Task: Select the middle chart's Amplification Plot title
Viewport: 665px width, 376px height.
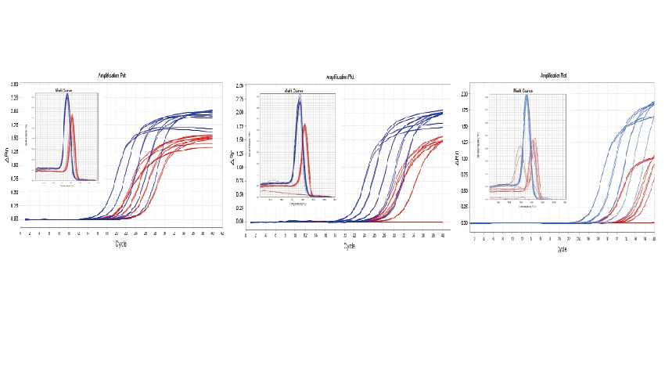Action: coord(345,77)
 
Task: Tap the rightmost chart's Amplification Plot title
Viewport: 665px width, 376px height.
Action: coord(553,76)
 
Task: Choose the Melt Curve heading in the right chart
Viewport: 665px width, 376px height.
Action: coord(523,91)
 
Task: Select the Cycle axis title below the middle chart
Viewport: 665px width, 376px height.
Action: coord(349,246)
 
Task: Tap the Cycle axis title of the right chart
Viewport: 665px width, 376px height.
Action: coord(563,248)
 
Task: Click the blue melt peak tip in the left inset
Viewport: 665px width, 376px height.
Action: coord(67,96)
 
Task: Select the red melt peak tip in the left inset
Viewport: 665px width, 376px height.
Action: coord(72,116)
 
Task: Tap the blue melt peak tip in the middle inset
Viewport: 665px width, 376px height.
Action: coord(299,99)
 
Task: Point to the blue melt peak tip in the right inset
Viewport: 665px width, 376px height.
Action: coord(527,96)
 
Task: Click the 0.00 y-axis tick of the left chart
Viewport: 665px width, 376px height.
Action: coord(14,219)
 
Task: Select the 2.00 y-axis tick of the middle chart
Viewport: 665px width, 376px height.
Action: coord(239,112)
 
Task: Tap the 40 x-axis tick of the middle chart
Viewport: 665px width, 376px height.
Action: coord(444,234)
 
